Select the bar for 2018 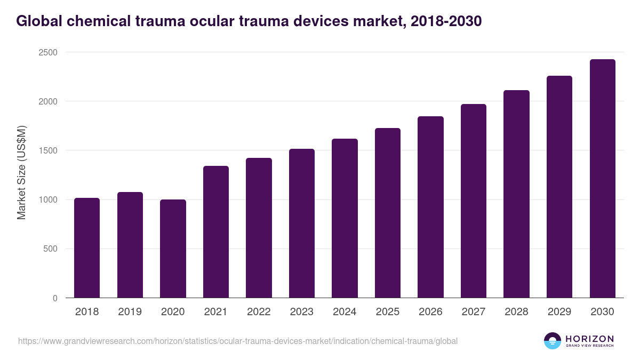(x=87, y=248)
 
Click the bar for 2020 (x=173, y=249)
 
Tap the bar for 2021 (x=216, y=232)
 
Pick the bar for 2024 (x=345, y=218)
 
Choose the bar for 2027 (x=474, y=201)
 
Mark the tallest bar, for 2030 (x=602, y=179)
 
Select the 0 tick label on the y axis (x=55, y=298)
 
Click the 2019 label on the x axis (x=130, y=312)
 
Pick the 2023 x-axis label (x=301, y=312)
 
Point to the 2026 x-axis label (x=430, y=312)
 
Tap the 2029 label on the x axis (x=559, y=312)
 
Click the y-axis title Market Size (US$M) (x=22, y=172)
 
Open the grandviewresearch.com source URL (x=238, y=341)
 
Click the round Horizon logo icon (x=552, y=341)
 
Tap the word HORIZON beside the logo (x=589, y=338)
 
